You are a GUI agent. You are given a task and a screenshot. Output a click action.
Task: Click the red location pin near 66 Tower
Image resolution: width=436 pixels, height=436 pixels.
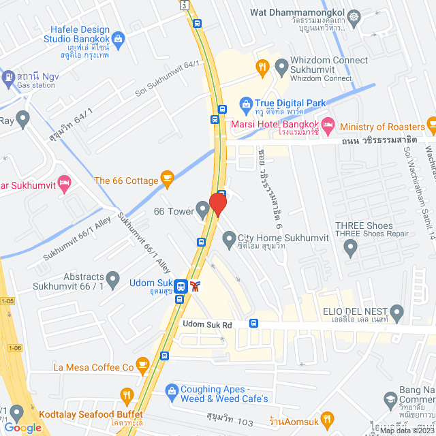pos(217,204)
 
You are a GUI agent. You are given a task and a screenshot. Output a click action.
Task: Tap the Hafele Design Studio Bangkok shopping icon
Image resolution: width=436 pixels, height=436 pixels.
pos(118,37)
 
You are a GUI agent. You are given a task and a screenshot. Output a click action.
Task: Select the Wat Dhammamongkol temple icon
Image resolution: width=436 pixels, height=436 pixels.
pos(354,16)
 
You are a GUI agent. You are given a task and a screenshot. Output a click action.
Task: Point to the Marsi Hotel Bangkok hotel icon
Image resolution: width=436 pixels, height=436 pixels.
pos(328,124)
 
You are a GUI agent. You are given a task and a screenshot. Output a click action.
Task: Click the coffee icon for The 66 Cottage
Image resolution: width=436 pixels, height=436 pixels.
pos(167,179)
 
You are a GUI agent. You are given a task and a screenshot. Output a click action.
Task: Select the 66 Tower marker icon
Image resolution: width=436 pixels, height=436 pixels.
pos(202,208)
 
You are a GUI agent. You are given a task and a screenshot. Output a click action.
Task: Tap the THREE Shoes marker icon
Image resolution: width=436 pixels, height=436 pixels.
pos(352,249)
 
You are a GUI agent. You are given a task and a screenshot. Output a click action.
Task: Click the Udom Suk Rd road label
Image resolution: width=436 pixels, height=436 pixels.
pos(206,325)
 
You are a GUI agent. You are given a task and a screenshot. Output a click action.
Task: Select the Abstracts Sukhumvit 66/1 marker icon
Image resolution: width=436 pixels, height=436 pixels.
pos(113,277)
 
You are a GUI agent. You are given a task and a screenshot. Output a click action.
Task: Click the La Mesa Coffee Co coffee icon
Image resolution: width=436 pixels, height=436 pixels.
pos(142,367)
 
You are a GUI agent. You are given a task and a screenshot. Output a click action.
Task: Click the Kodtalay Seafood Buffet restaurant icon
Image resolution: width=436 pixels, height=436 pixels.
pos(127,396)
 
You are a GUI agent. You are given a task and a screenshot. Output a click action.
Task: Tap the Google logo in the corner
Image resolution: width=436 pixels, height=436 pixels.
pos(23,427)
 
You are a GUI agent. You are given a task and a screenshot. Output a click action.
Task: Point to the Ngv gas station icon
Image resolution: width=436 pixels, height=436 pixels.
pos(8,78)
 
